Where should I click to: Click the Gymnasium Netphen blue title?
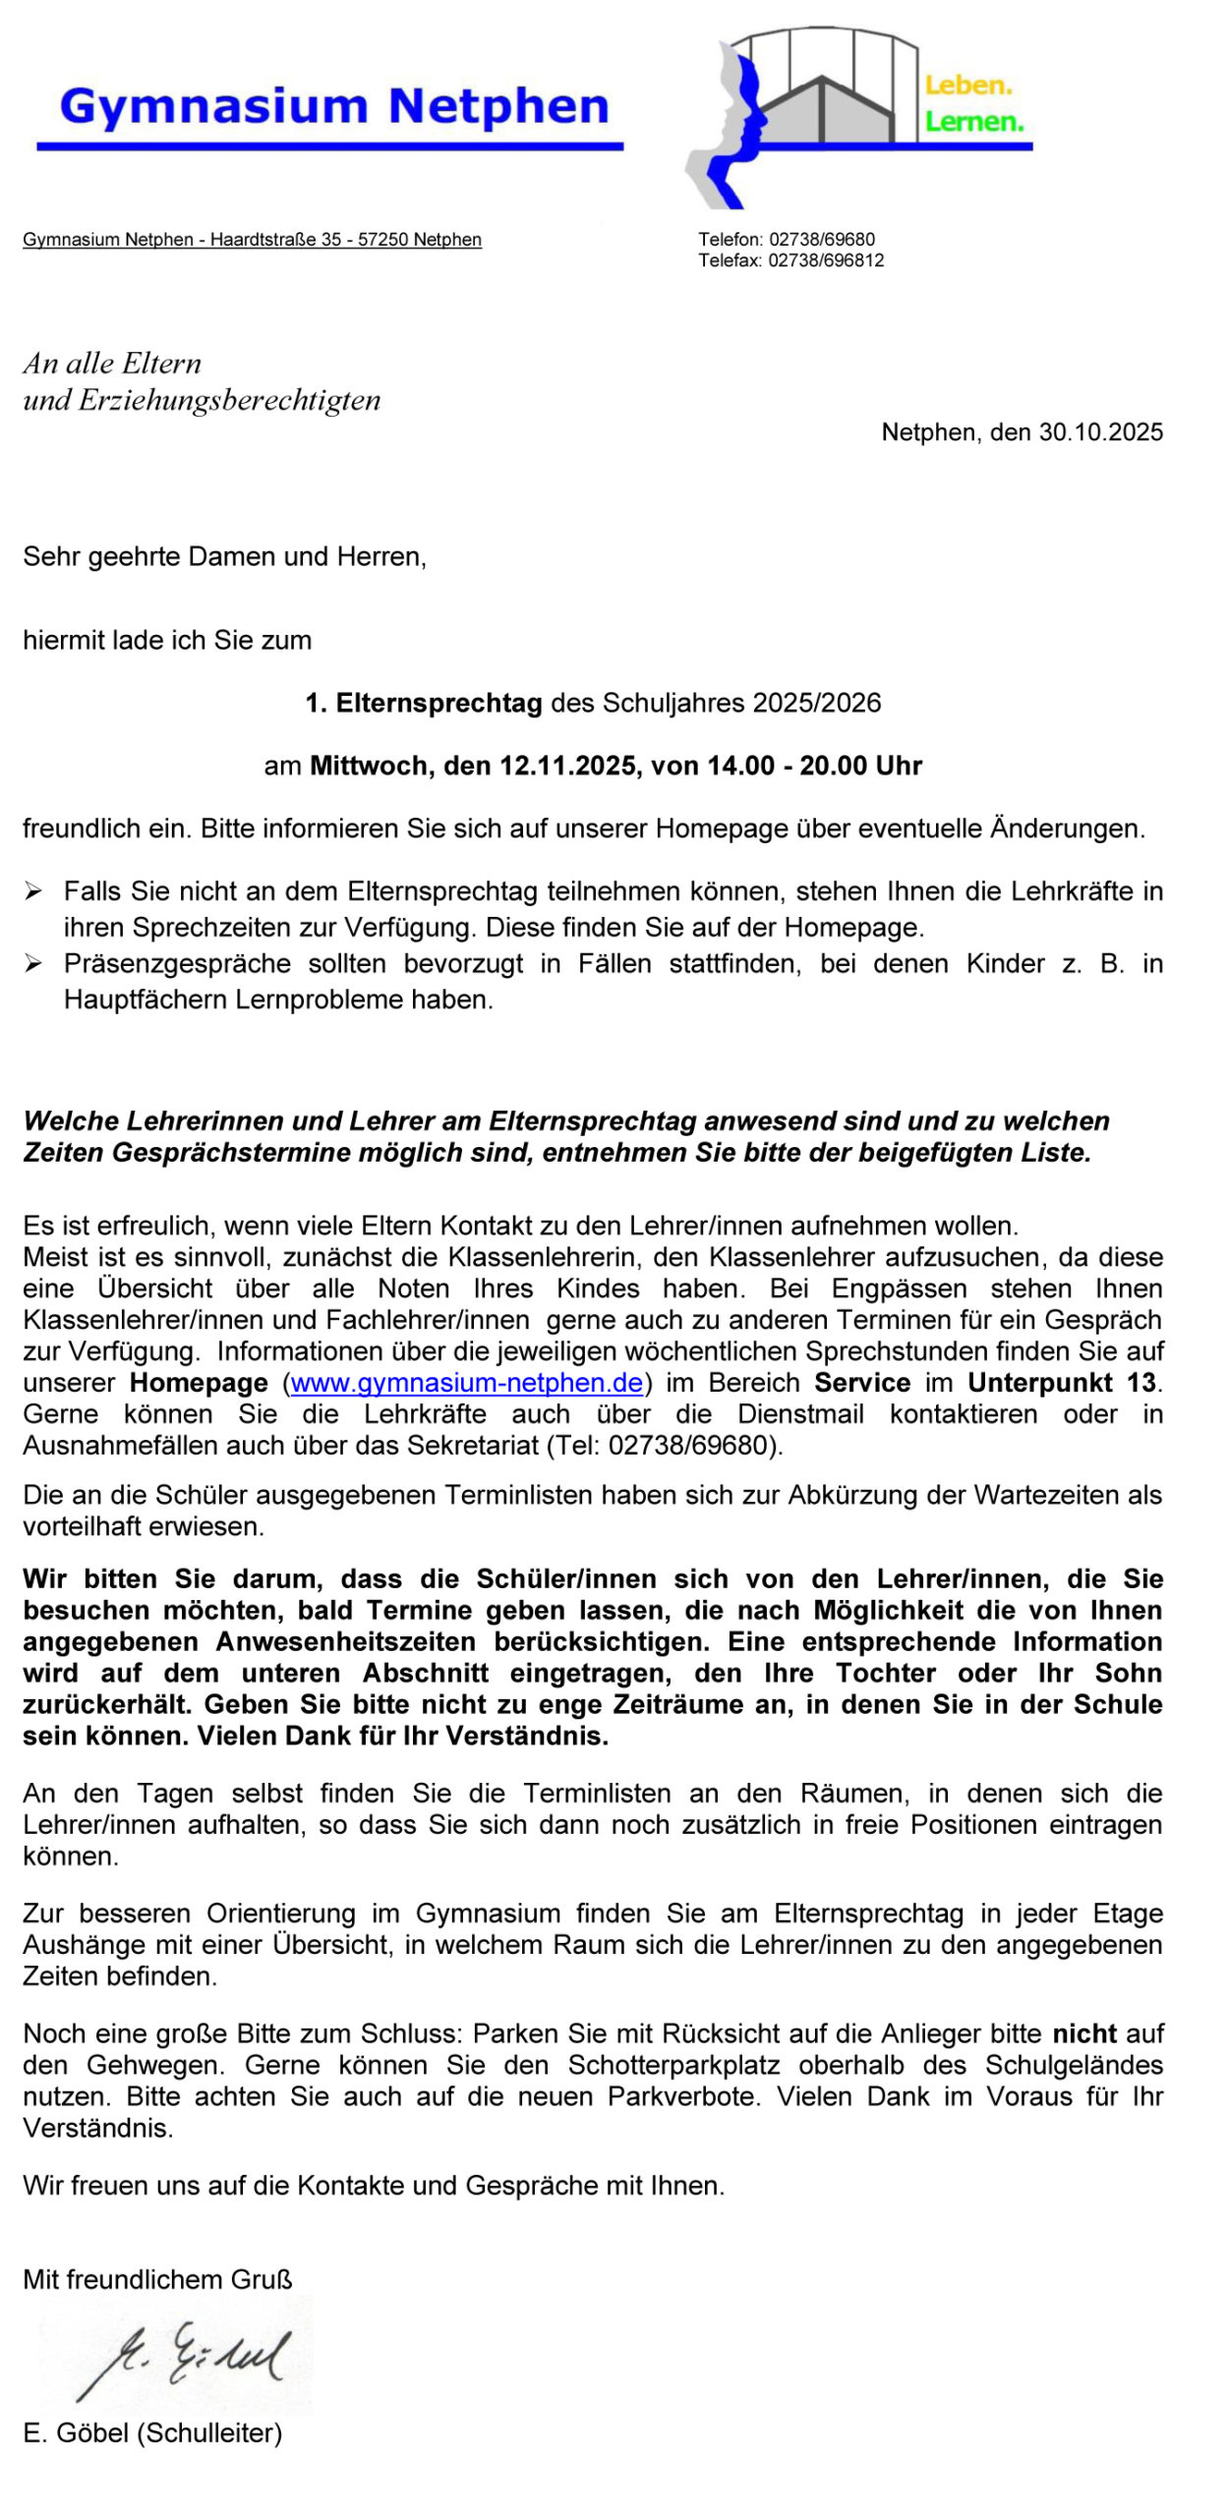point(334,106)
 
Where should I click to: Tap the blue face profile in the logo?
point(748,118)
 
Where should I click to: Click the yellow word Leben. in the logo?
point(967,86)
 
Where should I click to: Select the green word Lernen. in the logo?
point(973,123)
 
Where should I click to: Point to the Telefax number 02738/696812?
point(826,260)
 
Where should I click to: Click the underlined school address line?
point(252,240)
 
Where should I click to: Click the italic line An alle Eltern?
point(112,364)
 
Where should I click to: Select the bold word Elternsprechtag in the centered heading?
point(439,703)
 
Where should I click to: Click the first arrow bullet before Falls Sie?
point(33,891)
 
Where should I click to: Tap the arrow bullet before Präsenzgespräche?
point(33,964)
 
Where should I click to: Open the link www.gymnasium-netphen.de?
point(466,1383)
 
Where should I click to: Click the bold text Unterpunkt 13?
point(1062,1383)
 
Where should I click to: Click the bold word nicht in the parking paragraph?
point(1084,2033)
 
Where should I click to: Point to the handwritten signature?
point(182,2359)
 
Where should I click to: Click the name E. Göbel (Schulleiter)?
point(152,2433)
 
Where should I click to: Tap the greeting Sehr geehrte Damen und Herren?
point(224,557)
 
